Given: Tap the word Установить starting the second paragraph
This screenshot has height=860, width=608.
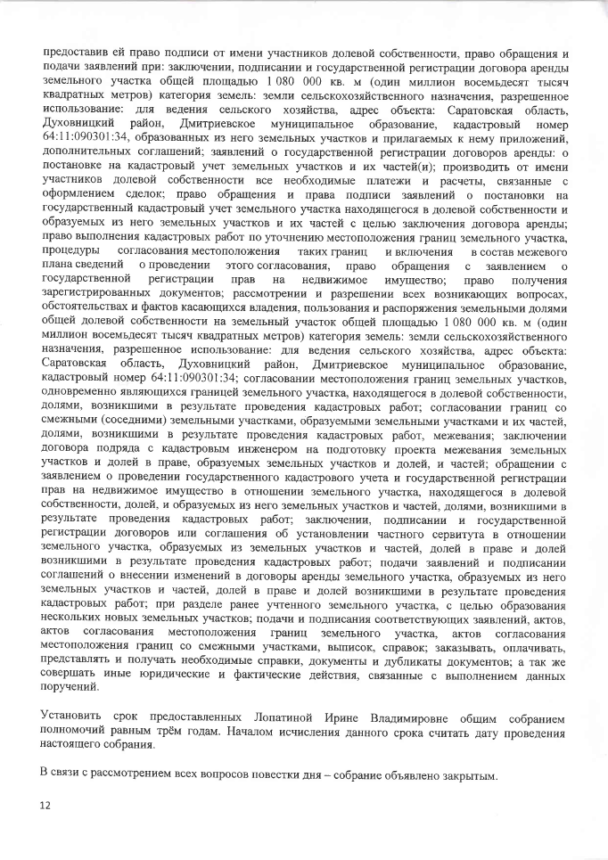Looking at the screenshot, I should pyautogui.click(x=73, y=717).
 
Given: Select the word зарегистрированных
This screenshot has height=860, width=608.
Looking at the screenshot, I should pyautogui.click(x=101, y=293).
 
